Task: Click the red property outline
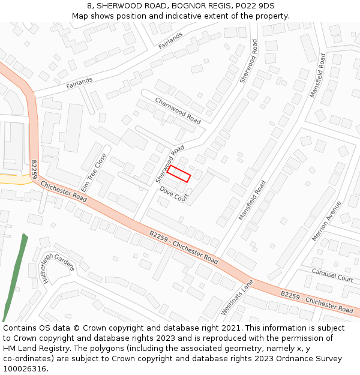tap(178, 173)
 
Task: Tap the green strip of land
tap(16, 275)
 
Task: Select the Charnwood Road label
tap(178, 110)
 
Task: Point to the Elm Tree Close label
tap(94, 172)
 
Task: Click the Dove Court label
tap(174, 193)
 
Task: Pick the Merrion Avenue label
tap(326, 221)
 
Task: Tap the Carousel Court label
tap(332, 275)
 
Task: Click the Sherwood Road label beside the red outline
tap(169, 164)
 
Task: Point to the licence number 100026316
tap(25, 369)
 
